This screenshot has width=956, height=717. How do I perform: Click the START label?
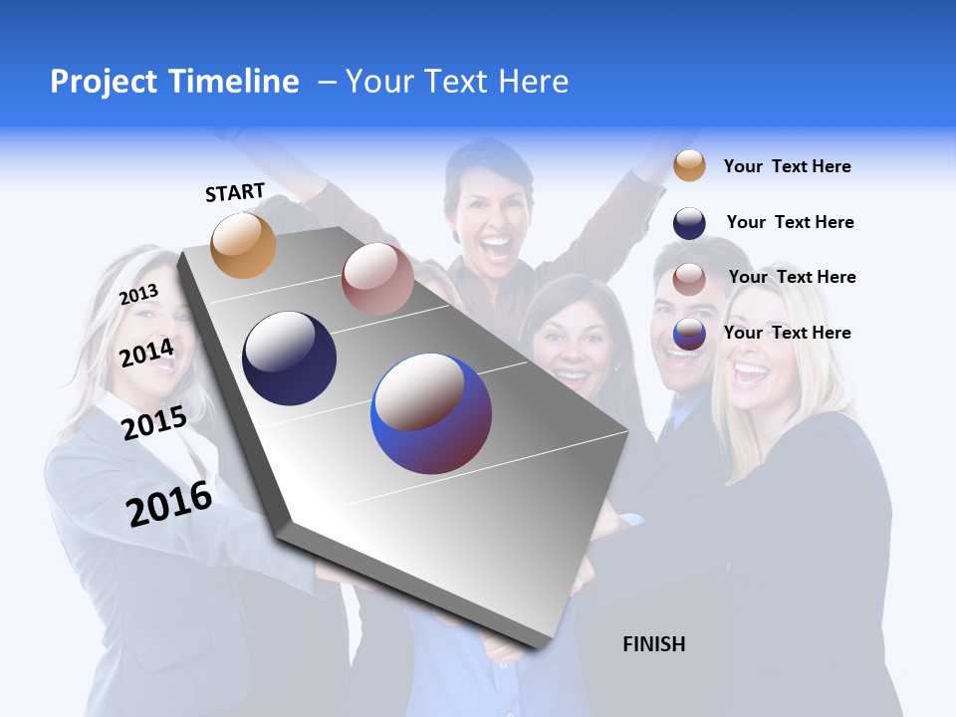click(235, 192)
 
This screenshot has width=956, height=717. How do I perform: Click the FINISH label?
click(653, 644)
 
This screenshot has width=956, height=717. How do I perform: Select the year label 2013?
click(138, 295)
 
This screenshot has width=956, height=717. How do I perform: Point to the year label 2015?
click(153, 423)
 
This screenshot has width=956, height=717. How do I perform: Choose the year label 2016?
click(169, 503)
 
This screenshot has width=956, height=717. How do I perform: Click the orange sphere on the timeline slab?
click(244, 245)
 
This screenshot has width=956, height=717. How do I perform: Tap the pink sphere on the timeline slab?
click(377, 279)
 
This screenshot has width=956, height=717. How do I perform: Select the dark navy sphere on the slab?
click(289, 358)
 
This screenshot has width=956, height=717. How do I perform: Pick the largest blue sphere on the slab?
click(431, 413)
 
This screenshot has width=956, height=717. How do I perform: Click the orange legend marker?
click(689, 165)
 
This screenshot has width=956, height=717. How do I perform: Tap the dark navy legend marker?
click(689, 223)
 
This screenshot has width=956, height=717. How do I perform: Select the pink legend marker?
click(689, 279)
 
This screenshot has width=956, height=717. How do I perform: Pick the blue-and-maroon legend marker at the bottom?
click(689, 334)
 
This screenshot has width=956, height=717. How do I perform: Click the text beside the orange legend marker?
click(787, 166)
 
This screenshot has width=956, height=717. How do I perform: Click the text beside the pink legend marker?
click(792, 277)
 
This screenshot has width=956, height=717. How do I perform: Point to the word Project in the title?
click(105, 82)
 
